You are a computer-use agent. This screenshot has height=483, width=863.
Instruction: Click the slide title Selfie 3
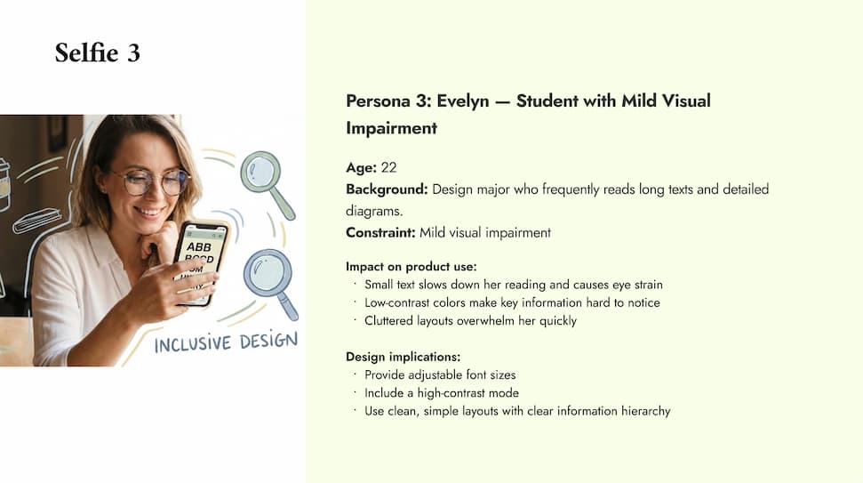click(97, 52)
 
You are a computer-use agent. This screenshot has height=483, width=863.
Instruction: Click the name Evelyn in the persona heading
click(464, 101)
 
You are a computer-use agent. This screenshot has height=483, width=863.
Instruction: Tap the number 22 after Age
click(388, 167)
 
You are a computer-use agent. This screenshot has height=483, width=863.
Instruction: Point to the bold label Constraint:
click(380, 233)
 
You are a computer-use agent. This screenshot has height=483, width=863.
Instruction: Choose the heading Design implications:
click(403, 357)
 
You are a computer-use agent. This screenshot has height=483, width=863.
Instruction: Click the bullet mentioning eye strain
click(513, 285)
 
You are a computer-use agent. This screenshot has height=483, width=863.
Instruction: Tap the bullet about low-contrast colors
click(512, 302)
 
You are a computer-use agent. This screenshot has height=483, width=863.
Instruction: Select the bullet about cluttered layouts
click(470, 320)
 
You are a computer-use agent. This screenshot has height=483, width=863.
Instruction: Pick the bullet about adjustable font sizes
click(440, 374)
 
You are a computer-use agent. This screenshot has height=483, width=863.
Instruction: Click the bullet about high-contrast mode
click(442, 392)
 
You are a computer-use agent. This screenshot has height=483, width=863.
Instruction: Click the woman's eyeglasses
click(151, 181)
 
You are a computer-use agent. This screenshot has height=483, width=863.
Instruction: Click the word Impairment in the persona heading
click(391, 128)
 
